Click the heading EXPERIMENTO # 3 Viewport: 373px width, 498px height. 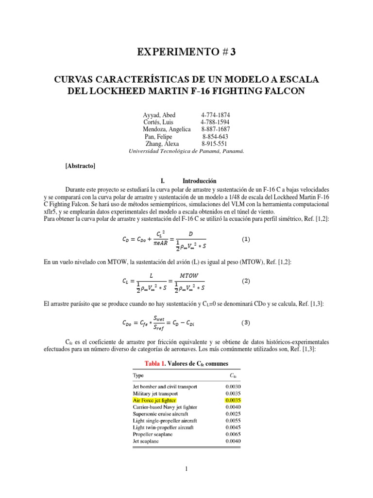coord(186,53)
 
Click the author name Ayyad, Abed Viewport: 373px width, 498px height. coord(159,115)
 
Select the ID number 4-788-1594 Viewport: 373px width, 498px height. coord(215,122)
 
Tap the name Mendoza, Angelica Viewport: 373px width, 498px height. coord(167,129)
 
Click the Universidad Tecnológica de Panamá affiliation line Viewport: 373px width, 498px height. coord(186,151)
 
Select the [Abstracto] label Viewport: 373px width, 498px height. coord(80,166)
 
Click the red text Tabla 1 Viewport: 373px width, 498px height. coord(156,364)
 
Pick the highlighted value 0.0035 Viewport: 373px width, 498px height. coord(233,400)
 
